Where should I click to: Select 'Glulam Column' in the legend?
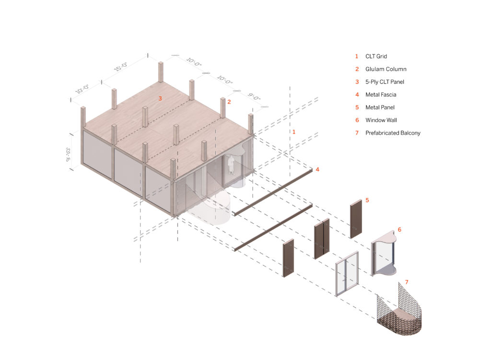pyautogui.click(x=386, y=69)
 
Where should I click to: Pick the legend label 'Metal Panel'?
pyautogui.click(x=380, y=107)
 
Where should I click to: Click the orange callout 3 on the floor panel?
pyautogui.click(x=160, y=98)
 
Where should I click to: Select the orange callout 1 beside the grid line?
pyautogui.click(x=294, y=131)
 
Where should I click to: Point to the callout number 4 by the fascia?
pyautogui.click(x=317, y=170)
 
